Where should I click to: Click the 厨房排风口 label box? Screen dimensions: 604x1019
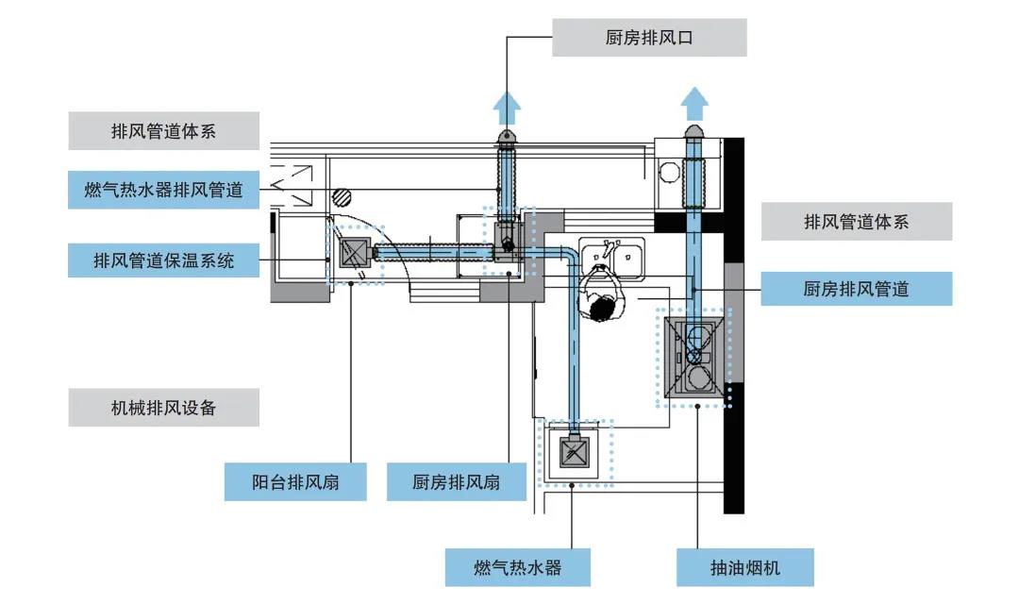[x=649, y=39]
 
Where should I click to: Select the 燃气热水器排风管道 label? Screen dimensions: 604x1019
[x=164, y=190]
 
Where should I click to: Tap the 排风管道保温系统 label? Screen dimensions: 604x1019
[x=164, y=259]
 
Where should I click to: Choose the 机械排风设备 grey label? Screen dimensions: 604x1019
[x=164, y=408]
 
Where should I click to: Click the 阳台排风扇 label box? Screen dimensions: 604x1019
[x=295, y=482]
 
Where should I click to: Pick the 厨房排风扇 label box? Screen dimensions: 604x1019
[x=456, y=482]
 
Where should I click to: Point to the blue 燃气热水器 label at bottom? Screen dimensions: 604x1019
[x=518, y=567]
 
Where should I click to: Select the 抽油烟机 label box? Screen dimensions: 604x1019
[x=745, y=567]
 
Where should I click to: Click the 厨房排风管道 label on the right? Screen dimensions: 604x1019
[x=856, y=289]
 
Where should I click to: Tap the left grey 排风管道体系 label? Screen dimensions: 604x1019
[x=164, y=131]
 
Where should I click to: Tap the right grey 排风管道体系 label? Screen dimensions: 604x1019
[x=856, y=222]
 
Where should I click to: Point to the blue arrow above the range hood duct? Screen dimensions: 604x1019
[x=695, y=102]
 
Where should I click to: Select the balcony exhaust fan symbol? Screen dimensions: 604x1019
[x=354, y=253]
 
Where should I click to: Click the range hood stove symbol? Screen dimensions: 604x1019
[x=695, y=357]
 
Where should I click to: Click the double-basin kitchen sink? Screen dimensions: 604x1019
[x=612, y=255]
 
